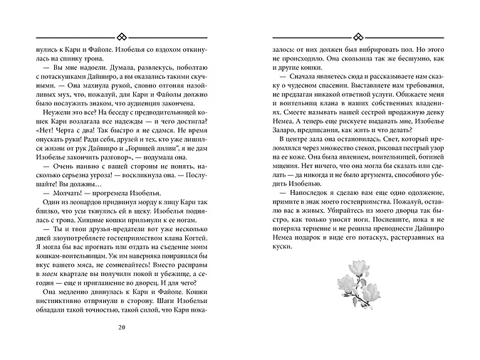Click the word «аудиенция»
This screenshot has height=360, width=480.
point(162,102)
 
